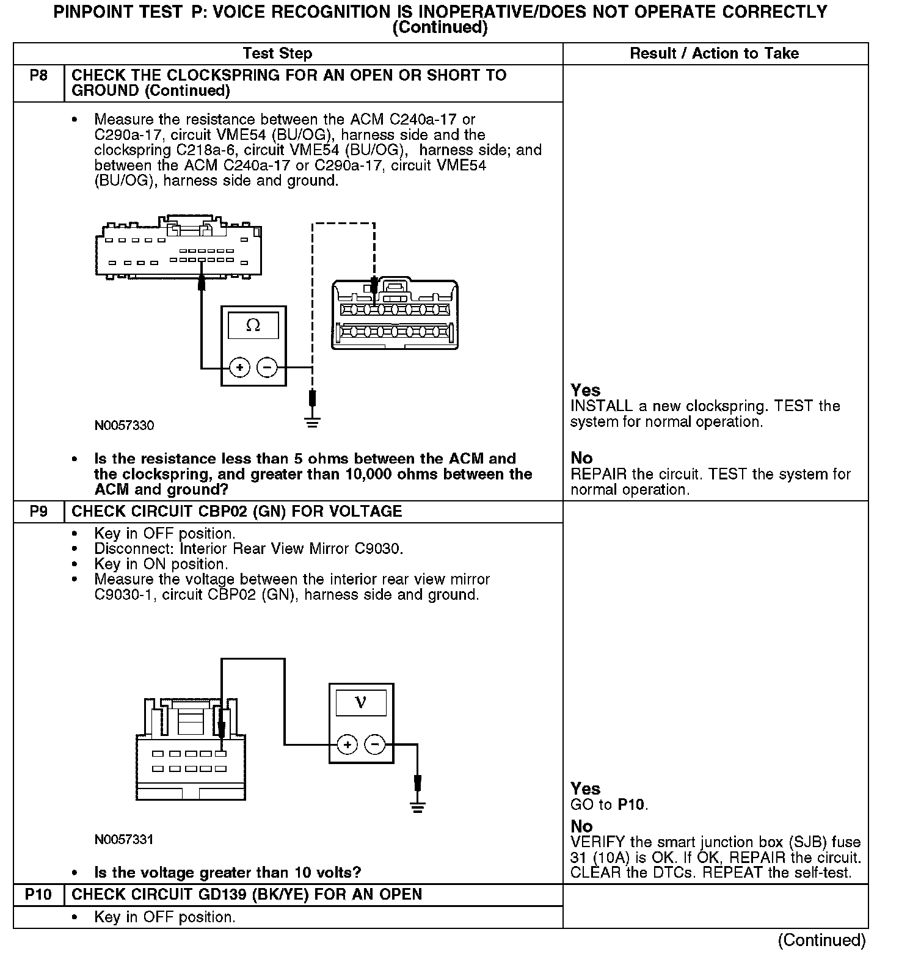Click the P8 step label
coord(38,76)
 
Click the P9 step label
coord(38,511)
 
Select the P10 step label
coord(38,895)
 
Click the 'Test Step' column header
coord(277,54)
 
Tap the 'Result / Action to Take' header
coord(714,54)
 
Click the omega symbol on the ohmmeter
coord(253,326)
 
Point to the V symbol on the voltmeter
coord(360,703)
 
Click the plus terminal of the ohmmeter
coord(239,368)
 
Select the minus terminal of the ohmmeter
coord(267,368)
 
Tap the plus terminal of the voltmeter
coord(347,745)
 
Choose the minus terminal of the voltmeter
coord(375,745)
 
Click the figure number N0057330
coord(124,426)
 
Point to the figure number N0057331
coord(124,840)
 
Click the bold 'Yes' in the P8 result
coord(585,390)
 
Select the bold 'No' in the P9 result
coord(581,826)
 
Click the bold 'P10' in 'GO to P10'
coord(631,805)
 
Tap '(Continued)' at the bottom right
coord(821,941)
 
